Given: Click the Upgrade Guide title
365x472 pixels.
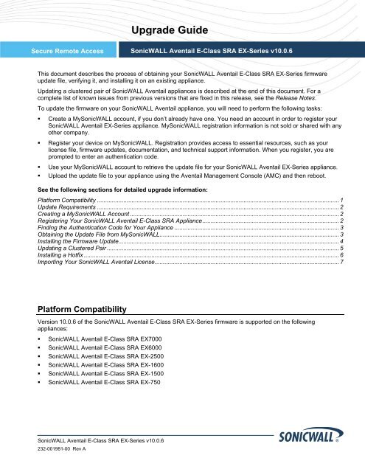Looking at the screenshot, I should (x=182, y=30).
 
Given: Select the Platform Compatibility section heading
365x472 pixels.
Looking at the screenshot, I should (x=82, y=329).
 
